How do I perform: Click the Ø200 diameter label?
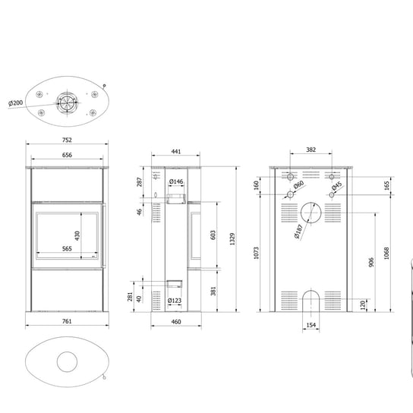pyautogui.click(x=15, y=103)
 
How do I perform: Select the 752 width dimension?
pyautogui.click(x=67, y=140)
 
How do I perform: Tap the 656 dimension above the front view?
pyautogui.click(x=67, y=155)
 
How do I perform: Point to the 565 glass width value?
pyautogui.click(x=67, y=249)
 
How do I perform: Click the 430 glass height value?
pyautogui.click(x=77, y=236)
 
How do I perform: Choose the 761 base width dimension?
pyautogui.click(x=67, y=321)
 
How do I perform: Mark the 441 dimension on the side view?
pyautogui.click(x=176, y=151)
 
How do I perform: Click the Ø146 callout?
pyautogui.click(x=176, y=181)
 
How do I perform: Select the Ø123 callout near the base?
pyautogui.click(x=175, y=301)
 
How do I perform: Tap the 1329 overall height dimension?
pyautogui.click(x=232, y=239)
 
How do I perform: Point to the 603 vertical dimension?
pyautogui.click(x=213, y=235)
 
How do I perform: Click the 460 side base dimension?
pyautogui.click(x=176, y=322)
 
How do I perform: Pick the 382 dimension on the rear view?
pyautogui.click(x=311, y=150)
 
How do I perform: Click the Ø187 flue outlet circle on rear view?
pyautogui.click(x=311, y=203)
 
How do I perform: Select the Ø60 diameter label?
pyautogui.click(x=298, y=184)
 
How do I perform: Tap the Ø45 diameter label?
pyautogui.click(x=337, y=186)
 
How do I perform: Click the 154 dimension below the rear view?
pyautogui.click(x=311, y=325)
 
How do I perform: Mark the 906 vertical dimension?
pyautogui.click(x=371, y=263)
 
